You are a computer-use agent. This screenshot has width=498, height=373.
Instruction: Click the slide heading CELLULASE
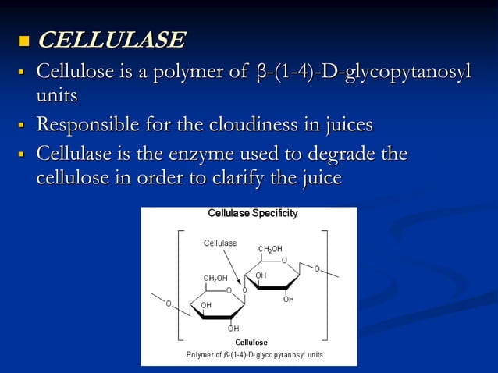coord(112,39)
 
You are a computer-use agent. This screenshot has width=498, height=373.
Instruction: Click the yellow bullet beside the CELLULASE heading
coord(21,40)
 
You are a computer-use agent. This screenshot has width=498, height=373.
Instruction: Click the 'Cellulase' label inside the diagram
coord(220,243)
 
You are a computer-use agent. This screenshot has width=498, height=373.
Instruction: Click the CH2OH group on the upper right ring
coord(270,249)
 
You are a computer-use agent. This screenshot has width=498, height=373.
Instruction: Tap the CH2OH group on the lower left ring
coord(215,278)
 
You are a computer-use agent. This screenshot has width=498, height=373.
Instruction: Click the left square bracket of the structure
coord(179,285)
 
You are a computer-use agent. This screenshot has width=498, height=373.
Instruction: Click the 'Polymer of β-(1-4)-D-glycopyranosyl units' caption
coord(253,354)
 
